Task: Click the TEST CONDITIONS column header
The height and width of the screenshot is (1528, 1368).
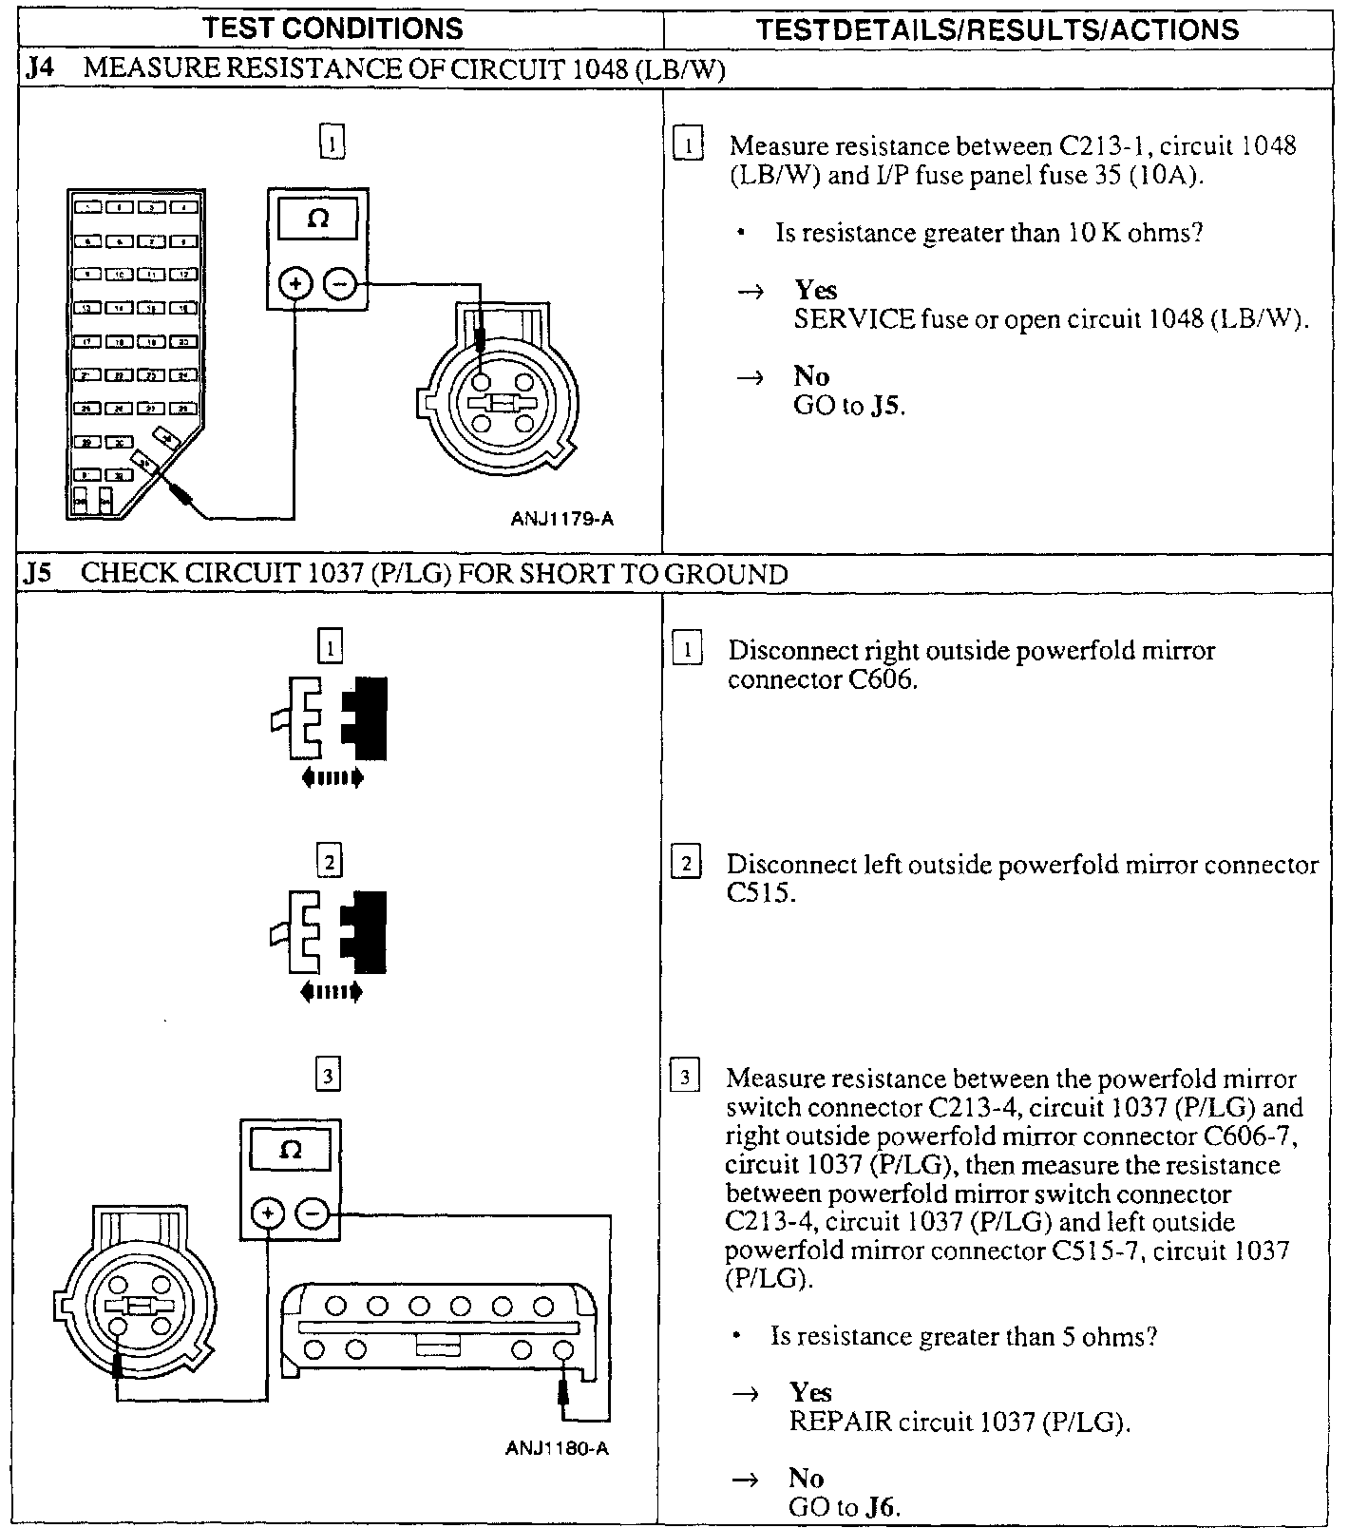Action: pyautogui.click(x=332, y=29)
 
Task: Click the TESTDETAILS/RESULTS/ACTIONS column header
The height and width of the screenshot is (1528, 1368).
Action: pyautogui.click(x=997, y=29)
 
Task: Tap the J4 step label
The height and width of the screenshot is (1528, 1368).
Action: pyautogui.click(x=40, y=68)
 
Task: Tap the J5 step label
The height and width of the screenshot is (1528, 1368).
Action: pyautogui.click(x=38, y=574)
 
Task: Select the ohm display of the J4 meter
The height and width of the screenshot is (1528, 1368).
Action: pyautogui.click(x=318, y=220)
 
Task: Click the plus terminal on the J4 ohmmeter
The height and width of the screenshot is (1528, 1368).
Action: pyautogui.click(x=295, y=283)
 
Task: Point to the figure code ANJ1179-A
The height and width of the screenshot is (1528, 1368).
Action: pyautogui.click(x=561, y=519)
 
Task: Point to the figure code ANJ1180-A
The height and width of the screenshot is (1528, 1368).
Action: pyautogui.click(x=557, y=1449)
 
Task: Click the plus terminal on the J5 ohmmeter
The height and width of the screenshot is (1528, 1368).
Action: pyautogui.click(x=268, y=1213)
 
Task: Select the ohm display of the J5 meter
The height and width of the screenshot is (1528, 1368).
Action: pyautogui.click(x=291, y=1151)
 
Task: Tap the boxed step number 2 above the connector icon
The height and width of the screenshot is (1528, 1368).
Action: pyautogui.click(x=329, y=863)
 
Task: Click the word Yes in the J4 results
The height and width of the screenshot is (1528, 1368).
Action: pyautogui.click(x=815, y=290)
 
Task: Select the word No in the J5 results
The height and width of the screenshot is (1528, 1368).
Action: pyautogui.click(x=806, y=1478)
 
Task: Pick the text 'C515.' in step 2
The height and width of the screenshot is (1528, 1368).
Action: pyautogui.click(x=759, y=893)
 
